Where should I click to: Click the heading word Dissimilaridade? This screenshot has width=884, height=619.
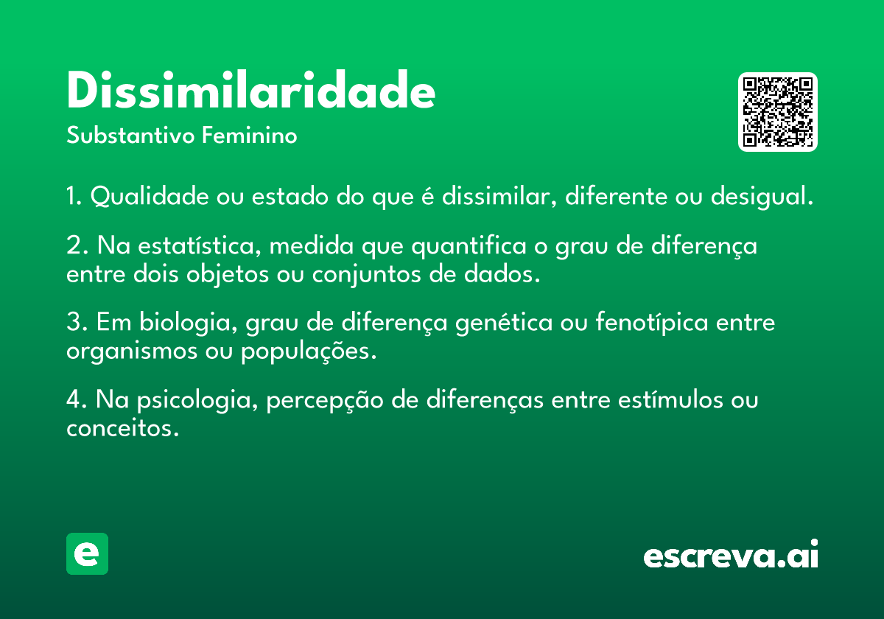click(251, 90)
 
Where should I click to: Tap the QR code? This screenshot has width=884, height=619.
click(777, 112)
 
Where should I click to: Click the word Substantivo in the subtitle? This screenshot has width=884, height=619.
click(130, 136)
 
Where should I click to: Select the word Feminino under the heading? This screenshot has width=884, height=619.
click(250, 135)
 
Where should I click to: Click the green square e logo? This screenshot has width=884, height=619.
click(87, 553)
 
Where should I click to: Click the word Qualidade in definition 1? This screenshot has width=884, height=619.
click(150, 196)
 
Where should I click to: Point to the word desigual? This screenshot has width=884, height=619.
click(762, 197)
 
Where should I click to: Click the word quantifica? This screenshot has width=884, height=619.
click(469, 246)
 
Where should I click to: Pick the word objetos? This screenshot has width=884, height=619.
click(228, 275)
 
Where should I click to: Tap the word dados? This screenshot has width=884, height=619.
click(501, 274)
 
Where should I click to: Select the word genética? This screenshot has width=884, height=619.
click(504, 323)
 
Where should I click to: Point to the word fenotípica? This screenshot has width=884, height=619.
click(652, 323)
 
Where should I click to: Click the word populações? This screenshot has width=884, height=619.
click(308, 352)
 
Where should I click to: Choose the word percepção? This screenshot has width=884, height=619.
click(325, 401)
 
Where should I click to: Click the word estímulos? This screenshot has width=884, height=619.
click(670, 399)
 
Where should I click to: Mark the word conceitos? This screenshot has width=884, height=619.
click(122, 428)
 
